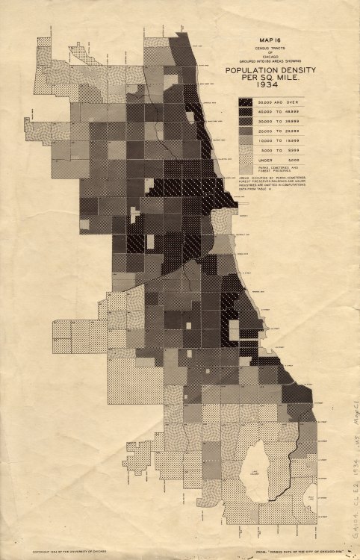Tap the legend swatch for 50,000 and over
pyautogui.click(x=247, y=101)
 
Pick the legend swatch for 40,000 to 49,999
pyautogui.click(x=247, y=111)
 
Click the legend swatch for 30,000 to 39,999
pyautogui.click(x=247, y=120)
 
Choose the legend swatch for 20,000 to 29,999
pyautogui.click(x=247, y=130)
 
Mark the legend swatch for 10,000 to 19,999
pyautogui.click(x=247, y=140)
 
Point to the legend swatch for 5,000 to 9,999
pyautogui.click(x=247, y=149)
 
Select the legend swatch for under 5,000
pyautogui.click(x=247, y=159)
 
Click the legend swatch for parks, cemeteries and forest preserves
pyautogui.click(x=247, y=169)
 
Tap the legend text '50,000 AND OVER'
pyautogui.click(x=281, y=101)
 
